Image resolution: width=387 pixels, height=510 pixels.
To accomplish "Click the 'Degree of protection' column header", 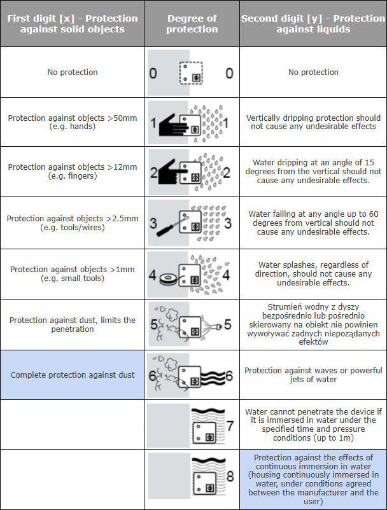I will coord(192,24).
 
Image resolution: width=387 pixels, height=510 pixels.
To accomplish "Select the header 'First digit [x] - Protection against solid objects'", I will coord(72,24).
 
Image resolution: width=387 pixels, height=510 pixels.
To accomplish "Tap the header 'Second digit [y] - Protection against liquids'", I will coord(313,24).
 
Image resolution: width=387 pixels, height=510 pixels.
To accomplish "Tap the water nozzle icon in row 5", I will coord(216,327).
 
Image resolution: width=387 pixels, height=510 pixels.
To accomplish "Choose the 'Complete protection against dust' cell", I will coord(73,375).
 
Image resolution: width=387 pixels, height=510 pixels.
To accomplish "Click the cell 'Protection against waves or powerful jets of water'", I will coord(313,375).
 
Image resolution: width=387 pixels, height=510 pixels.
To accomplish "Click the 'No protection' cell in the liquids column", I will coord(313,72).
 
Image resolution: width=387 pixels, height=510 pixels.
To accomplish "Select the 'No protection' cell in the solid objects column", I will coord(73,72).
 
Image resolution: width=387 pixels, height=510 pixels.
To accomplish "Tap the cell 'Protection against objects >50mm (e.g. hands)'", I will coord(73,122).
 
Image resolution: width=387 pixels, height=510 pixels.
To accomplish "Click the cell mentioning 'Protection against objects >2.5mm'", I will coord(73,223).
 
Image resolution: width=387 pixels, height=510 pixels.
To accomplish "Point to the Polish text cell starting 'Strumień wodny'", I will coord(313,324).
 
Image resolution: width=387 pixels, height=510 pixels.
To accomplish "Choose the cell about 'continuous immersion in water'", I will coord(313,479).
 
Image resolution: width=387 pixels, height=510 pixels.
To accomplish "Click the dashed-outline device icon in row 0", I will coord(190,72).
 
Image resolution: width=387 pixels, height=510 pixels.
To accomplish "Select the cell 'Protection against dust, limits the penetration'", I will coord(73,324).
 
